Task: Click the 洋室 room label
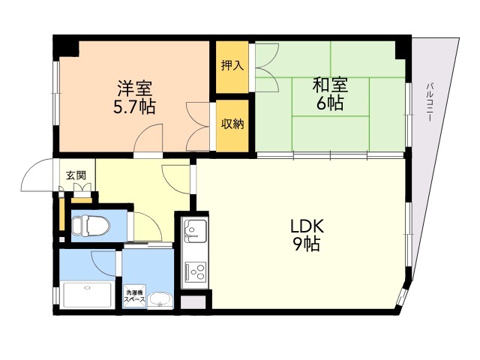tap(135, 88)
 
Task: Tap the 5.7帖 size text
tap(135, 106)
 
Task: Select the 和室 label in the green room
tap(330, 85)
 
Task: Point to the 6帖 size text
tap(330, 103)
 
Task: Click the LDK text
tap(307, 226)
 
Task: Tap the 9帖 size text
tap(307, 244)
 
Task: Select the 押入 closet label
tap(232, 65)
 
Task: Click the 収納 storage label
tap(232, 124)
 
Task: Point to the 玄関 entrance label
tap(76, 175)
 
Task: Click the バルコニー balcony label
tap(430, 102)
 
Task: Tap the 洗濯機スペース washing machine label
tap(134, 296)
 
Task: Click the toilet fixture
tap(91, 226)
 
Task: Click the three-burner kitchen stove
tap(195, 271)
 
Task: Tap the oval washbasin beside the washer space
tap(160, 300)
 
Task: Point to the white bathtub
tap(88, 295)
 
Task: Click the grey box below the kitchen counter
tap(193, 301)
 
